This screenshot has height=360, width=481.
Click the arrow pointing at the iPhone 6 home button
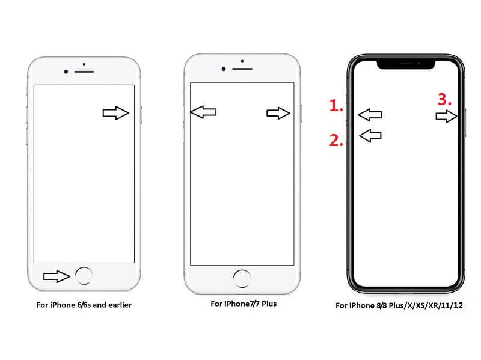(57, 276)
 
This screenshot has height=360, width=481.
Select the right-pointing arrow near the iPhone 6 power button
(115, 113)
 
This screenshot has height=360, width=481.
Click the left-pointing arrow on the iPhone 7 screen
(203, 112)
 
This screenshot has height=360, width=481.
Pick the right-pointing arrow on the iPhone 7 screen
(278, 113)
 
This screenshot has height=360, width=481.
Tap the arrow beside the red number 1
(370, 115)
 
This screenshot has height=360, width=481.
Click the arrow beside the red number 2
(370, 136)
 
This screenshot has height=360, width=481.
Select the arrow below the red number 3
(446, 116)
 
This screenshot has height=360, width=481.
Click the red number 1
(335, 106)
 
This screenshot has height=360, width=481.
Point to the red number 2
(336, 141)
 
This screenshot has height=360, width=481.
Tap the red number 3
(444, 100)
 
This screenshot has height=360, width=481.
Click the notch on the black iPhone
(406, 64)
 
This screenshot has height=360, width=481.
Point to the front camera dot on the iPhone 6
(66, 72)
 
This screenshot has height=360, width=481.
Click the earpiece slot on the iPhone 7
(242, 69)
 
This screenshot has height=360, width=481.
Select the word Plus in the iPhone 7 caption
(269, 304)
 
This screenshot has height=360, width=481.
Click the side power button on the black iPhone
(465, 123)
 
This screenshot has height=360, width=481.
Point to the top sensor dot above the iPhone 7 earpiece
(242, 61)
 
